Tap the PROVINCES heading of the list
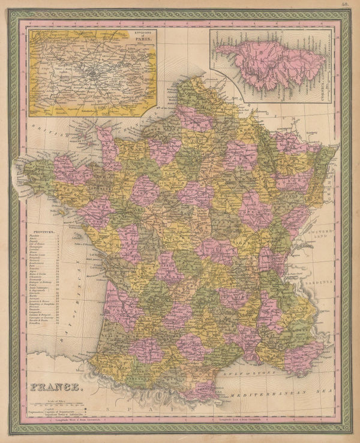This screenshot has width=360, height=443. [x=46, y=229]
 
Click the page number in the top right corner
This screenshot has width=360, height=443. [x=347, y=5]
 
